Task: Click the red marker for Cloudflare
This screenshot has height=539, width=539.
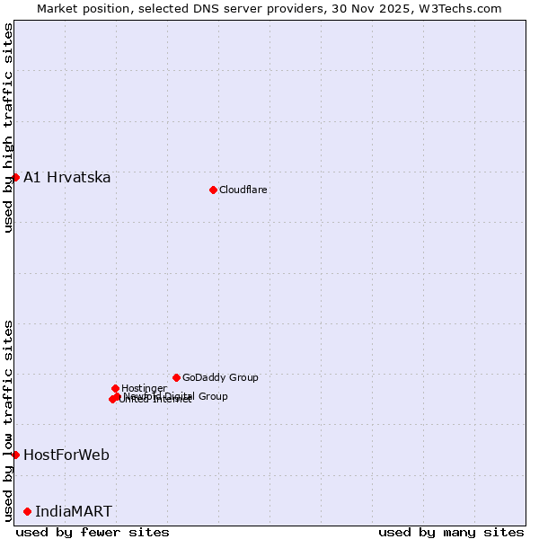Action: [x=213, y=190]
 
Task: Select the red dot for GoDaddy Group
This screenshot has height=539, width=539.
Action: [x=176, y=377]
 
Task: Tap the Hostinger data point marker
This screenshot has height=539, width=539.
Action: [x=115, y=388]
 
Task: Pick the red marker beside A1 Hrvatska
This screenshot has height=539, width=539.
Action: [x=15, y=177]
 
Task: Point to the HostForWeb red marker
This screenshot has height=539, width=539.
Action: [x=15, y=455]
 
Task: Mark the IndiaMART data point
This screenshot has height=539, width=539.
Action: [x=27, y=511]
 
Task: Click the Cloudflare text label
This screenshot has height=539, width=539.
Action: [x=243, y=190]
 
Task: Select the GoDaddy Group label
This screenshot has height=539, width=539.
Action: [x=220, y=377]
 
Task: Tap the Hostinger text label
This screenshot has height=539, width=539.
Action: [x=144, y=388]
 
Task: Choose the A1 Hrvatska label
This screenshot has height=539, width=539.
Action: [x=67, y=177]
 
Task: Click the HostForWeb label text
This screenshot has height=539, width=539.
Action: [x=66, y=455]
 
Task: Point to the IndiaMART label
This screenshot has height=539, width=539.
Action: [x=74, y=511]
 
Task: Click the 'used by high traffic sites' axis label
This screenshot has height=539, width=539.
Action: [x=8, y=128]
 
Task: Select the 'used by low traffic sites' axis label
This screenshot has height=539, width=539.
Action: [x=8, y=420]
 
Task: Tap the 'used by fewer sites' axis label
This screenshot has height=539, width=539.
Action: [x=93, y=532]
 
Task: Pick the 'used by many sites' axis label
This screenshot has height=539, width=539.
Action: [x=451, y=532]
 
